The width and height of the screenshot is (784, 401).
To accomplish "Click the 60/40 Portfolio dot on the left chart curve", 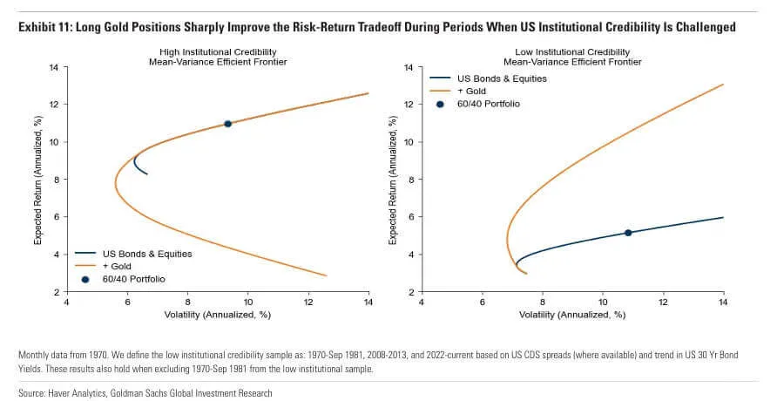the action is pos(227,124).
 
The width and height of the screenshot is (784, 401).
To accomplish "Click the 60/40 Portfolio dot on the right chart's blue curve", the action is pos(628,233).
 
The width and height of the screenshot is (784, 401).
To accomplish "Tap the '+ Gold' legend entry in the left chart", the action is pos(117,267).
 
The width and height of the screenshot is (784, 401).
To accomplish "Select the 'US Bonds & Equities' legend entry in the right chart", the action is pos(502,78).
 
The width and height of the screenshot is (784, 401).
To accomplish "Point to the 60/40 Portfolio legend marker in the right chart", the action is pos(440,104).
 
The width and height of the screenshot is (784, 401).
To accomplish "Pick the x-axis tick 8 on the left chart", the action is pos(188,302).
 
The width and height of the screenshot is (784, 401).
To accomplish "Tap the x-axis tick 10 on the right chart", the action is pos(603,302).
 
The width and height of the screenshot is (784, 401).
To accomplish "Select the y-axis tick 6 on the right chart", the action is pos(411,217).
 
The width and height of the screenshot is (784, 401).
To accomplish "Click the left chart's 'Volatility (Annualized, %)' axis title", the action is pos(218,315).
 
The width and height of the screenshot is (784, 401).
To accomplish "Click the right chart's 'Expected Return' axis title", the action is pos(393,180).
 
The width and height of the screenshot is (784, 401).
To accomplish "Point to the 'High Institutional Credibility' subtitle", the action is pos(218,52).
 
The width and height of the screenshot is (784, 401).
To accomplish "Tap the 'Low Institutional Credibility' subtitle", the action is pos(572,52).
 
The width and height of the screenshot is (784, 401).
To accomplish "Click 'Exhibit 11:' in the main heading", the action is pos(45,27).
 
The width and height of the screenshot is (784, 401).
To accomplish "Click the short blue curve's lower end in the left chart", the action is pos(147,174).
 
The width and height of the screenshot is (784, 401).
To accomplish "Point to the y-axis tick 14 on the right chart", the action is pos(409,67).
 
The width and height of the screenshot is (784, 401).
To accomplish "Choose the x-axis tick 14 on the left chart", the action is pos(368,302).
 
